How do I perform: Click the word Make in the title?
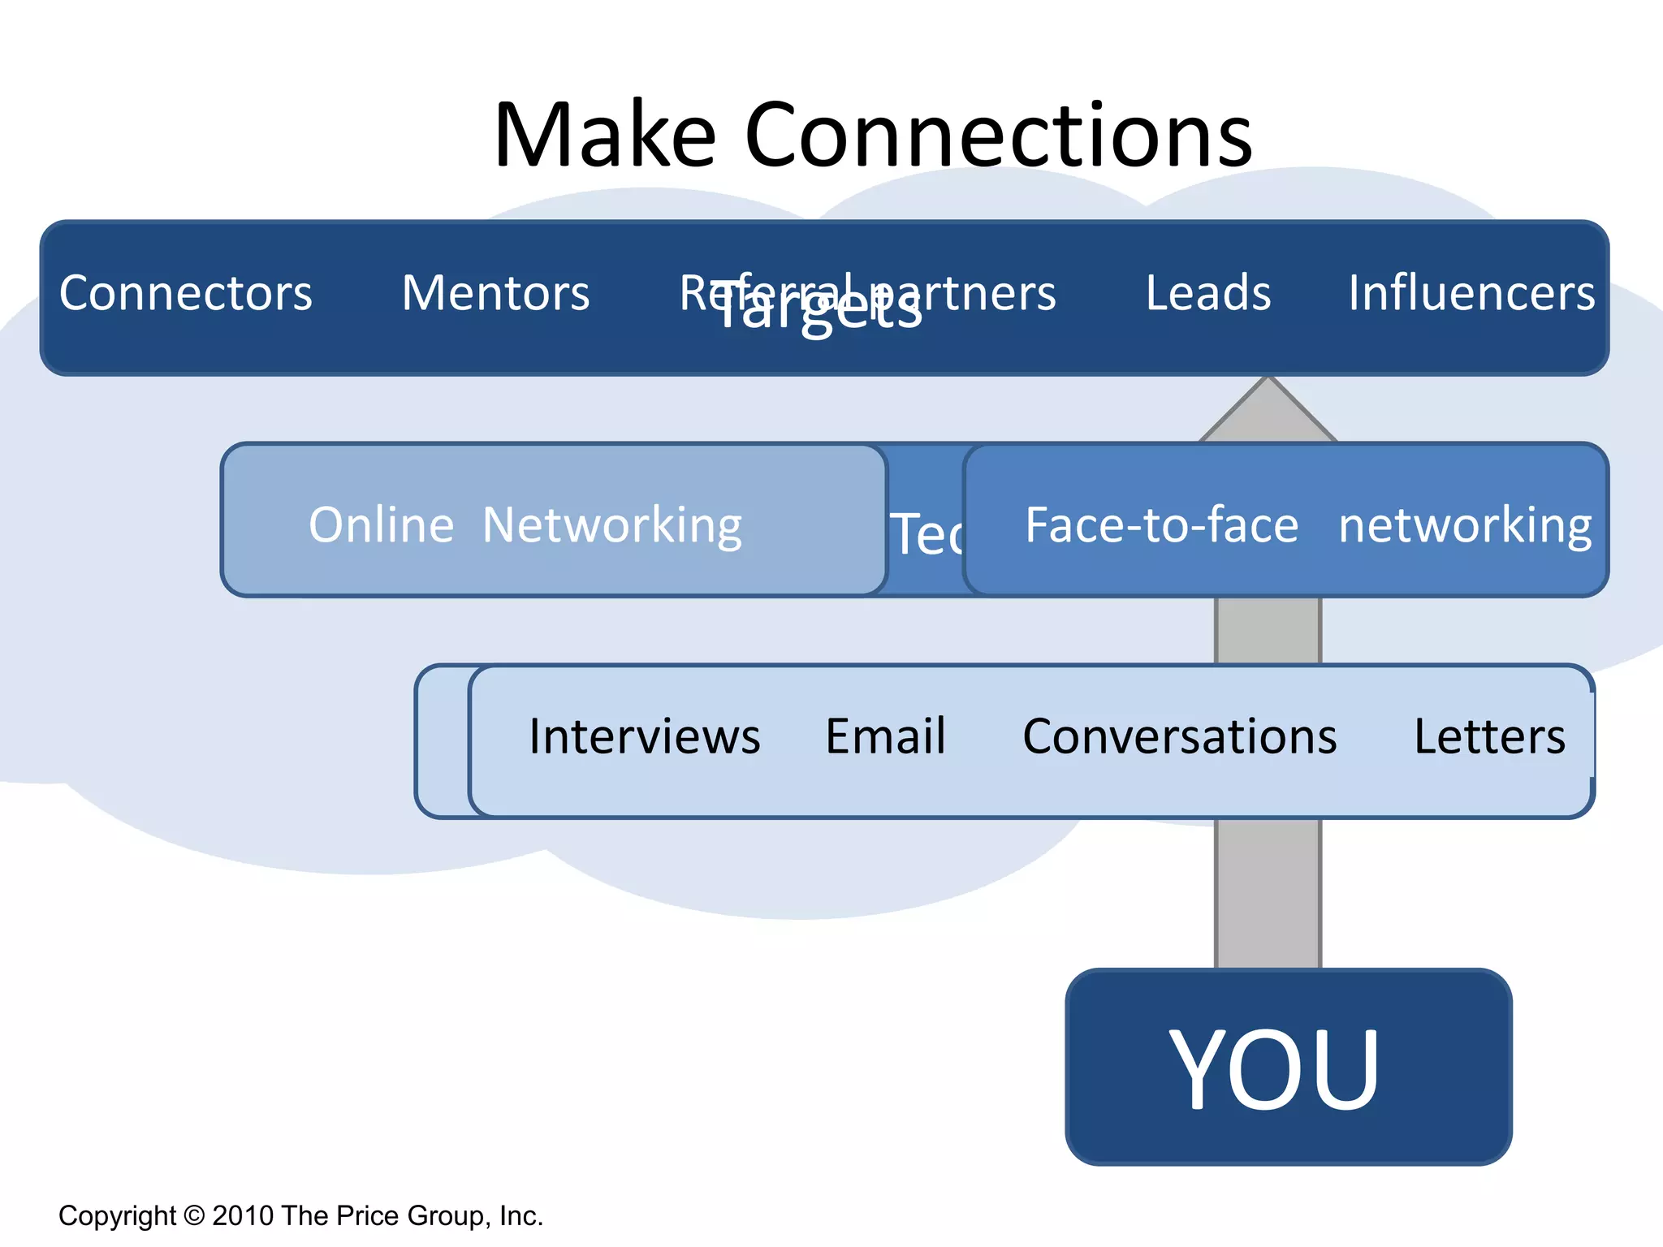point(605,135)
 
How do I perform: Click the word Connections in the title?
point(998,135)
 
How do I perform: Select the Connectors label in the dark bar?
point(186,293)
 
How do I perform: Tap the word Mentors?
point(495,293)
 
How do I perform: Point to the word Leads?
point(1207,293)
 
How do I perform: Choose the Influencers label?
point(1471,293)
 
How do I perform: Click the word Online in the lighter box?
point(381,525)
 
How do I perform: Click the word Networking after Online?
point(612,525)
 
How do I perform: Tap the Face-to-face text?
point(1161,525)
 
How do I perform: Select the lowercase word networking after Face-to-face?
point(1465,525)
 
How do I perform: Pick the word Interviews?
point(645,736)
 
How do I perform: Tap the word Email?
point(885,736)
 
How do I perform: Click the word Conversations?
point(1179,736)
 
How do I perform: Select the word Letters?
point(1489,736)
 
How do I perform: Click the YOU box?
point(1288,1067)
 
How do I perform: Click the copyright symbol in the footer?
point(194,1215)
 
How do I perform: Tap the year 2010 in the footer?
point(243,1215)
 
